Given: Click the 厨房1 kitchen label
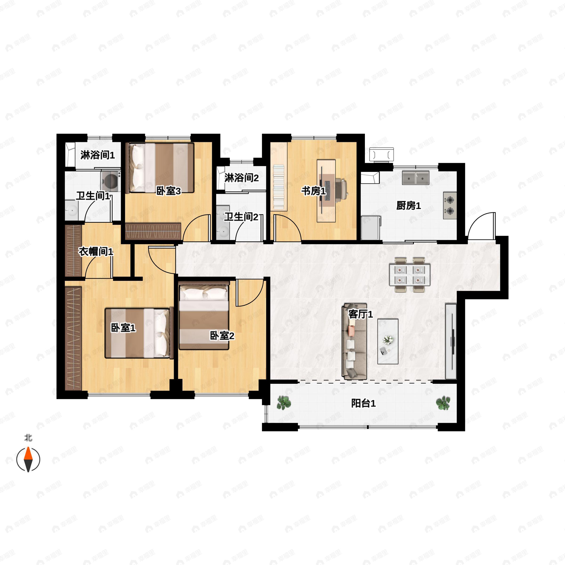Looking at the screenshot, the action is click(408, 206).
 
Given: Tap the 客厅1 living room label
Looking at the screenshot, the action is click(361, 314).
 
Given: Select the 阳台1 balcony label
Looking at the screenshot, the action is click(363, 404).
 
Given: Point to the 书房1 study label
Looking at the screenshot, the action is click(314, 191).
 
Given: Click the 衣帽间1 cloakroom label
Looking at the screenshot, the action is click(96, 251).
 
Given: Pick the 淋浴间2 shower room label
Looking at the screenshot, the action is click(242, 178).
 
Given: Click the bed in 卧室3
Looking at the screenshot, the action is click(161, 168).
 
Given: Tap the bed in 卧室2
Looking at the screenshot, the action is click(204, 316).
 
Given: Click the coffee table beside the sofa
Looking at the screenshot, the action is click(388, 341).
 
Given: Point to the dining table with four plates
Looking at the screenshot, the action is click(409, 274).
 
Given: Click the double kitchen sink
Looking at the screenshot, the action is click(416, 178).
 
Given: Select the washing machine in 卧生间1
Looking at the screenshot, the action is click(111, 181).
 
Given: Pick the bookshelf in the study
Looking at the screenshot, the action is click(278, 187).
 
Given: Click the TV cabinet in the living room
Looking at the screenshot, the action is click(451, 341).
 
